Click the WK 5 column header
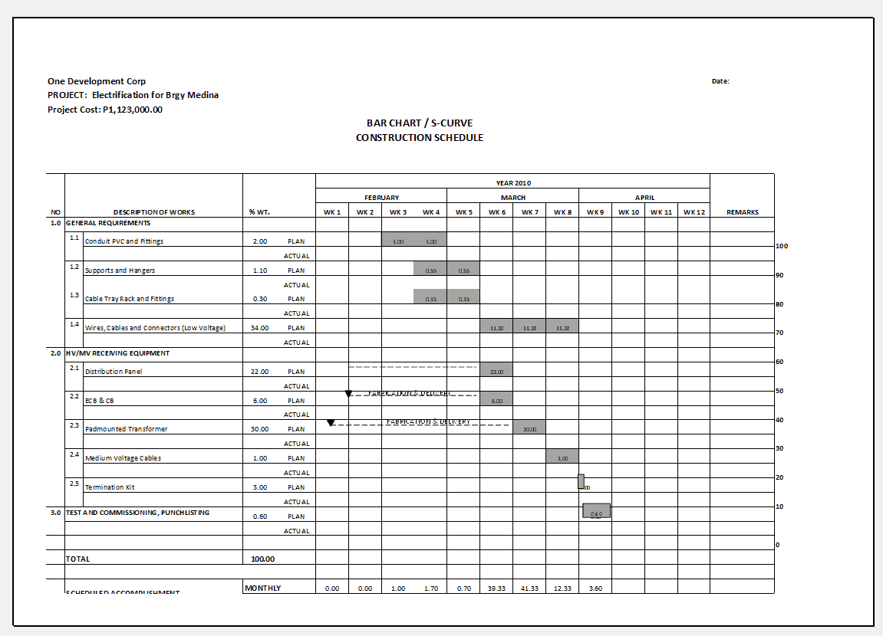tap(463, 212)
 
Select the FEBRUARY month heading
tap(381, 198)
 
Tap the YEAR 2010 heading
tap(513, 183)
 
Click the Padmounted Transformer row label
tap(126, 429)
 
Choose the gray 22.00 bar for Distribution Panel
tap(496, 371)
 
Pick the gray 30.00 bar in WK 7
tap(529, 428)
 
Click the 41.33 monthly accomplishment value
tap(529, 588)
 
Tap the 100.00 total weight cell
tap(262, 559)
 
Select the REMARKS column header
tap(742, 212)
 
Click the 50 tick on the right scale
tap(779, 391)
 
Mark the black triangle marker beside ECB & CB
tap(348, 394)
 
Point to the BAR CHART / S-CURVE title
tap(420, 123)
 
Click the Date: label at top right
tap(720, 81)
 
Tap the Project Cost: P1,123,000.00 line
tap(105, 110)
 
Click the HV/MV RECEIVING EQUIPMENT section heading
tap(117, 353)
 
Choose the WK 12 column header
tap(694, 212)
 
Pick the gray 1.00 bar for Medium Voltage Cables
tap(562, 457)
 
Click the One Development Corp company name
tap(97, 81)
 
